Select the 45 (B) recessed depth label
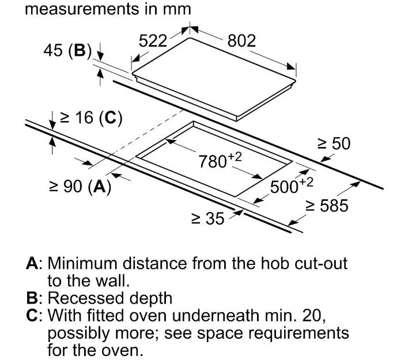coord(67,51)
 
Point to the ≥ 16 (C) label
coord(90,118)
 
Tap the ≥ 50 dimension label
coord(334,143)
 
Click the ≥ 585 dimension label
coord(327,206)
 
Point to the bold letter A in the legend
coord(33,264)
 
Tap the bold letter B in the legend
coord(33,298)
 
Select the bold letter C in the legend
coord(33,316)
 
